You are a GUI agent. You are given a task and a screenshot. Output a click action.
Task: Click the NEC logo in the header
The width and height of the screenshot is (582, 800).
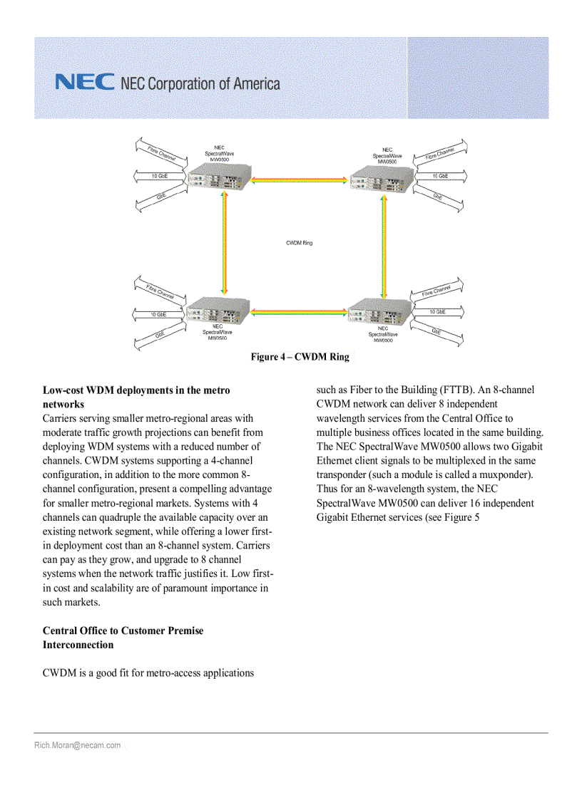84,83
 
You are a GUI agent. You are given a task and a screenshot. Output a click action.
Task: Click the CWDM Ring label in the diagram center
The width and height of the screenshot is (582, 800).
299,243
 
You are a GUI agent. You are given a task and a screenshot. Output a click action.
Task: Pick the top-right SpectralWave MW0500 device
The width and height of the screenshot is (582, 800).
381,182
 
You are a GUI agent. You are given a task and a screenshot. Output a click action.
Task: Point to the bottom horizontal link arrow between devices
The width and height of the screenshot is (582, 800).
300,311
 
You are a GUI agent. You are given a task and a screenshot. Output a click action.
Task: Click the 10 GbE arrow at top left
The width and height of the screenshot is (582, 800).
159,175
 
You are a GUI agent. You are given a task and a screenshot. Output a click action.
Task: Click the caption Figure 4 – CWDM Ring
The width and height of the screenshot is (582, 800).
300,357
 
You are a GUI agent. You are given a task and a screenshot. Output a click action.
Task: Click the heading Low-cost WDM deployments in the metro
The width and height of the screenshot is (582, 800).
136,390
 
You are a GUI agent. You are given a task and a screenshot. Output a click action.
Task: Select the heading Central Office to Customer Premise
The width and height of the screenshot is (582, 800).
123,630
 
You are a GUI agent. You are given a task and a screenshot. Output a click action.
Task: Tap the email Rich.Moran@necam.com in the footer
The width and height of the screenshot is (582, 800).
77,745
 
